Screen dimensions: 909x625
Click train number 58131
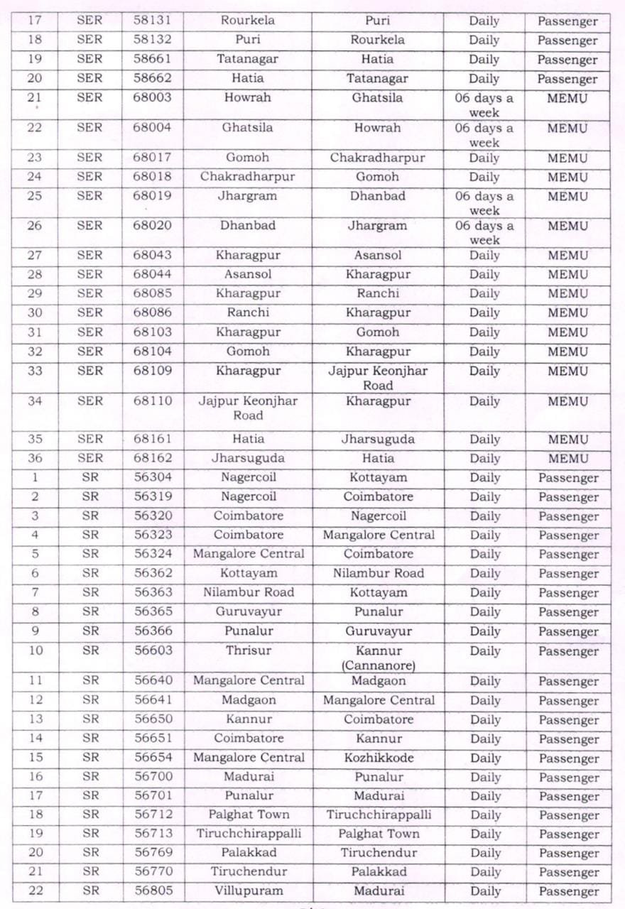click(x=153, y=21)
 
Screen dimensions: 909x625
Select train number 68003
click(x=153, y=98)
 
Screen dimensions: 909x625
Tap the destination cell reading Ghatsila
click(x=377, y=98)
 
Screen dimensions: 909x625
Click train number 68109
click(x=153, y=371)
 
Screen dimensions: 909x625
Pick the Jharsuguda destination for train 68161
click(x=377, y=439)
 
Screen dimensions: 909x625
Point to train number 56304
click(x=153, y=477)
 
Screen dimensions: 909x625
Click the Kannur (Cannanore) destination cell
click(x=379, y=658)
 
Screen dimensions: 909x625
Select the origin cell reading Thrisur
click(x=248, y=651)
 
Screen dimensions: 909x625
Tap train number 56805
click(x=153, y=891)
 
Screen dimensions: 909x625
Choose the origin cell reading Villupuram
click(x=248, y=891)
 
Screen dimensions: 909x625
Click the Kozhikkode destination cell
click(x=379, y=758)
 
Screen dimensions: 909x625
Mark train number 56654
click(x=153, y=758)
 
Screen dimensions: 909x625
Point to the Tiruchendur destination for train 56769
click(x=379, y=852)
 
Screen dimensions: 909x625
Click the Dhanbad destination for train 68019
click(x=377, y=196)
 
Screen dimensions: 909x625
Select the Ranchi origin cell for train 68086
click(x=248, y=312)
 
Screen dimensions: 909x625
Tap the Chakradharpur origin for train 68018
click(x=248, y=177)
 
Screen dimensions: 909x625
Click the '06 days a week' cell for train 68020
click(x=484, y=233)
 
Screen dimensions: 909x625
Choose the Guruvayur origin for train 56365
click(x=248, y=611)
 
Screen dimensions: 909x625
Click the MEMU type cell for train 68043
click(x=567, y=256)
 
